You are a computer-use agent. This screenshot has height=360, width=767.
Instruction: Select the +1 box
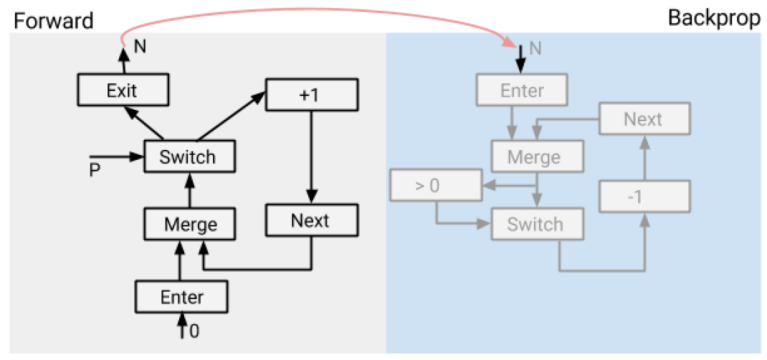(311, 95)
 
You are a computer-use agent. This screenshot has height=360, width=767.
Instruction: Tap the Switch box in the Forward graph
(189, 156)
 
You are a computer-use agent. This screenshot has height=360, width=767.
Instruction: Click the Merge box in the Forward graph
(190, 224)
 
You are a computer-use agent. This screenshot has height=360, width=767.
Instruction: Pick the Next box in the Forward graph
(311, 220)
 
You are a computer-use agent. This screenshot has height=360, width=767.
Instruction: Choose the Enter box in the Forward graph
(182, 296)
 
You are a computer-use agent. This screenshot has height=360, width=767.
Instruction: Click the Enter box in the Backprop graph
(522, 90)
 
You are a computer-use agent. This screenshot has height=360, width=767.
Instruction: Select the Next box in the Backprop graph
(644, 119)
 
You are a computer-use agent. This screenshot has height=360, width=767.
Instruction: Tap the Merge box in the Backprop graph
(537, 157)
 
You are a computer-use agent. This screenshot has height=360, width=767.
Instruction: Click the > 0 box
(435, 184)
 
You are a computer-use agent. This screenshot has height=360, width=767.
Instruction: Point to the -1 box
(644, 196)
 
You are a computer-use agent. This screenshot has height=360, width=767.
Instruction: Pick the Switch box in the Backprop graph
(537, 224)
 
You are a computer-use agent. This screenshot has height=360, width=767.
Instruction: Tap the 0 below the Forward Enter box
(194, 331)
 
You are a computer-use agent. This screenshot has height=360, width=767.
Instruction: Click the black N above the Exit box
(140, 47)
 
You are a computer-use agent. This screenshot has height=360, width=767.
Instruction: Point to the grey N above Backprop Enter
(535, 49)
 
